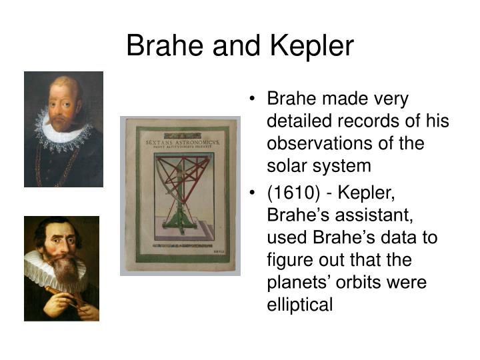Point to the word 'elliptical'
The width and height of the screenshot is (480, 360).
(x=298, y=304)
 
